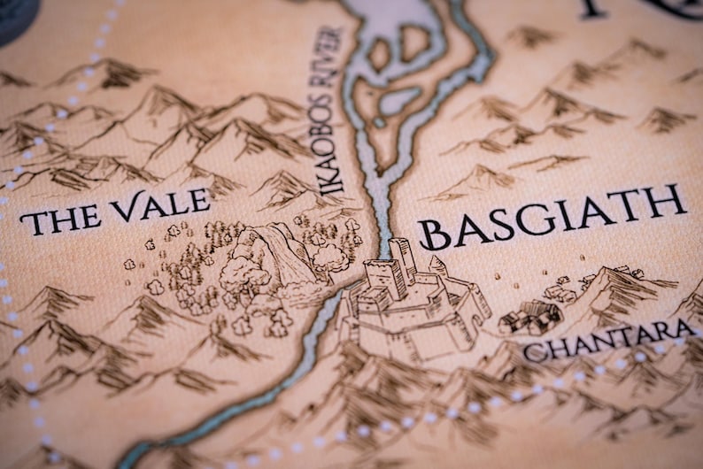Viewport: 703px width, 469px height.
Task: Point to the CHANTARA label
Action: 607,338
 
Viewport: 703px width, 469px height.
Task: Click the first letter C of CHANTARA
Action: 532,352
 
